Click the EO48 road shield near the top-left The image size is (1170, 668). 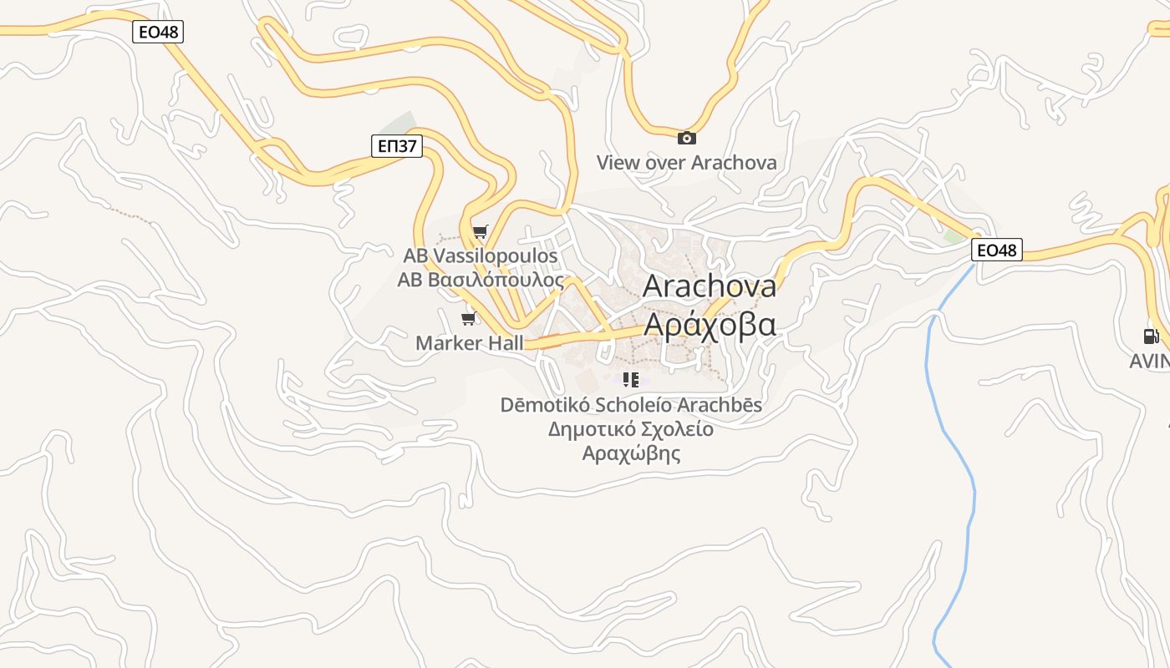click(158, 33)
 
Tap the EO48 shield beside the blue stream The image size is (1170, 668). click(997, 250)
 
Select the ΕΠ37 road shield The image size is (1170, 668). click(397, 146)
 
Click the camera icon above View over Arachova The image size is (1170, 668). click(686, 138)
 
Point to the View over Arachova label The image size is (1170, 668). click(686, 162)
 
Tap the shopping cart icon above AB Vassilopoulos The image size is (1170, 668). click(480, 231)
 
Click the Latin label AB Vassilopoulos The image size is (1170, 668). click(481, 255)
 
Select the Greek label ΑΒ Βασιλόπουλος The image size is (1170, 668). click(481, 280)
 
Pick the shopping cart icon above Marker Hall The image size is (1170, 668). click(469, 318)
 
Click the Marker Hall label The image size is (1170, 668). click(470, 342)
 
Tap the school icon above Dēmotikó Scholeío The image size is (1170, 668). click(631, 380)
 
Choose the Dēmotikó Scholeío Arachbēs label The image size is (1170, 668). click(631, 405)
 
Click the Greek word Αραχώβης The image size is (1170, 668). click(631, 454)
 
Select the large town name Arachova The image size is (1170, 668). click(710, 286)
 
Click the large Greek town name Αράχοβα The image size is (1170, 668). click(710, 324)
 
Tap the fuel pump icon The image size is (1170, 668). click(1151, 336)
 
